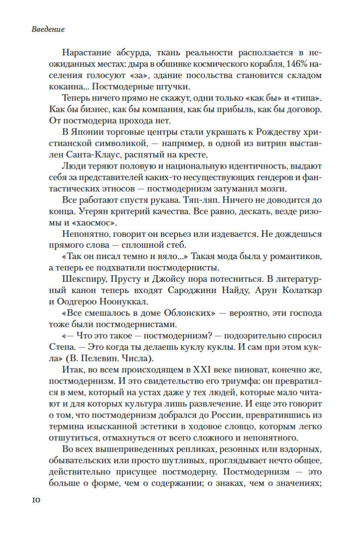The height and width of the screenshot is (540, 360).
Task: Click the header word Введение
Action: [x=48, y=30]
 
